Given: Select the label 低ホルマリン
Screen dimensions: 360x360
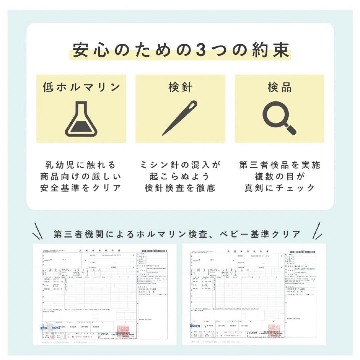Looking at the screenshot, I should pos(81,87).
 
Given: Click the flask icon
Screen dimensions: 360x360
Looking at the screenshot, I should pos(81,120).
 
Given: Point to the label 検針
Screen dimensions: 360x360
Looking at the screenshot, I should pos(180,87).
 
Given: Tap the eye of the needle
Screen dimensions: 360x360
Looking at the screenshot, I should pos(193,106).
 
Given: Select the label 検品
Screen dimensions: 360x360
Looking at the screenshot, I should pos(279,87).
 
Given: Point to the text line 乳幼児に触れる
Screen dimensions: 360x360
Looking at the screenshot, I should pos(81,165).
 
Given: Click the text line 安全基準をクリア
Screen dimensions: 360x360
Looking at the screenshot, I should pos(81,188).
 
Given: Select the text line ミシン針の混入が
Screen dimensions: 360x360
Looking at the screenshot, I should pos(180,165).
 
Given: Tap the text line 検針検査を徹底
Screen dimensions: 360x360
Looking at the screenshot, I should pos(180,188).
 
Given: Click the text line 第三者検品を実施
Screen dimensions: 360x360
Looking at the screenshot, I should pos(279,165).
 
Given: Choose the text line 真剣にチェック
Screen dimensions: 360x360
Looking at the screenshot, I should pos(279,188).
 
